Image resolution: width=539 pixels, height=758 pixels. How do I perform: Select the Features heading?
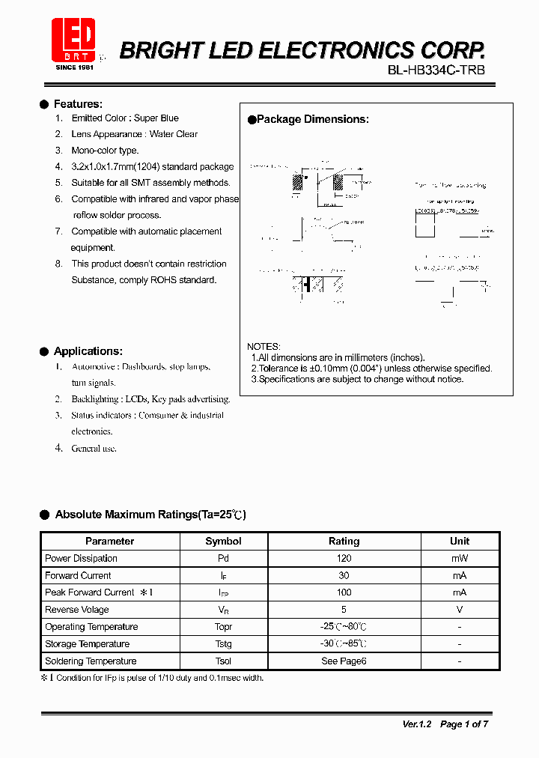pos(78,104)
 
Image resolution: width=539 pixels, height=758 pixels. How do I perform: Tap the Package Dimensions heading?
pos(312,119)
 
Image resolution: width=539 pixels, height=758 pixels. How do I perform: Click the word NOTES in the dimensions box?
pos(264,347)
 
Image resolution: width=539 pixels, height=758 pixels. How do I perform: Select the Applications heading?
pos(88,351)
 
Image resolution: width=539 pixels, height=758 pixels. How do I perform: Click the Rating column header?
pos(344,541)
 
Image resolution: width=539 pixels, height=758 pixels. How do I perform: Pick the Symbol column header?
pos(223,541)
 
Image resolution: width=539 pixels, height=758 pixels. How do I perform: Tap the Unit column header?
pos(460,541)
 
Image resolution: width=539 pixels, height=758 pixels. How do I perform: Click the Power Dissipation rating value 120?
pos(344,559)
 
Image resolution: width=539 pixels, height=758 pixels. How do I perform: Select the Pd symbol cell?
pos(223,559)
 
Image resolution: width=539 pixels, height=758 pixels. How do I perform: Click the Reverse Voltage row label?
pos(76,610)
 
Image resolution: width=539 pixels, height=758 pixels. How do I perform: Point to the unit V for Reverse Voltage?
pos(460,610)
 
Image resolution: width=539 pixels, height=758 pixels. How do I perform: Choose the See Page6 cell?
pos(344,661)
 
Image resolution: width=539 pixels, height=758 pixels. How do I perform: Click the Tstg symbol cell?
pos(223,644)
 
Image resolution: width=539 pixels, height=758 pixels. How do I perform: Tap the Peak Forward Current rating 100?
pos(344,592)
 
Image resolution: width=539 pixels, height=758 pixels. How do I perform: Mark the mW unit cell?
pos(460,559)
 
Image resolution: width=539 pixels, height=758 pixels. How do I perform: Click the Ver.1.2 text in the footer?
pos(418,724)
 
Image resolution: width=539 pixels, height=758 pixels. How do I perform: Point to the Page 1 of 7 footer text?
pos(464,724)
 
